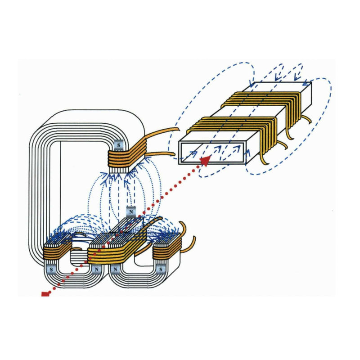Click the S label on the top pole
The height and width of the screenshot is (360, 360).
click(x=119, y=145)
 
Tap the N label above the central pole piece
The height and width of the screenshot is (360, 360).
click(x=131, y=212)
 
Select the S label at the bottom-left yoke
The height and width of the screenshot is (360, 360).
click(x=51, y=269)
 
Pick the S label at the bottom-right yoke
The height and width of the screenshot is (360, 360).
click(x=161, y=269)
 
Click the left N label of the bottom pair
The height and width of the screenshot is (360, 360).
click(x=96, y=269)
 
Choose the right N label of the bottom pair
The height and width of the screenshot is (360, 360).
click(x=115, y=269)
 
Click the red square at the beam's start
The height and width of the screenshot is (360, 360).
click(x=45, y=294)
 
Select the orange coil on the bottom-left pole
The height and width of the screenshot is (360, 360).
click(x=58, y=252)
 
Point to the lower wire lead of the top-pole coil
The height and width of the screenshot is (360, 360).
click(x=161, y=154)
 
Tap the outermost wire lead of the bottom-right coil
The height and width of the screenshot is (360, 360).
click(x=190, y=246)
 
